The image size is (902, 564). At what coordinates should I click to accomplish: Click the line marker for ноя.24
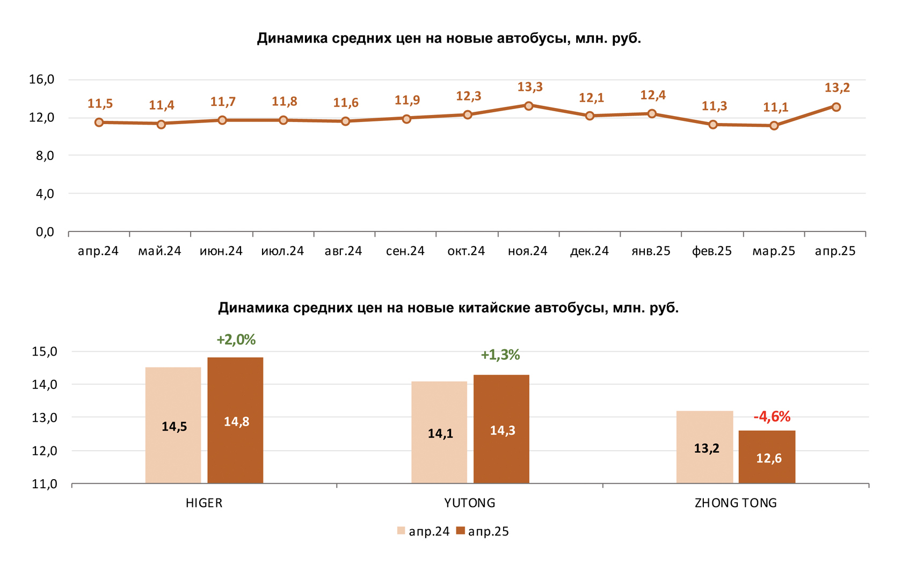(x=529, y=106)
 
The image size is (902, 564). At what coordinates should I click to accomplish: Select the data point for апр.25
(x=836, y=107)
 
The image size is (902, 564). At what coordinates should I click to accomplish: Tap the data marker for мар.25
(x=774, y=126)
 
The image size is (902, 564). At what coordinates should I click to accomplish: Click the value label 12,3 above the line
(x=469, y=96)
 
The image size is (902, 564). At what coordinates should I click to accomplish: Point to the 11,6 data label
(x=346, y=103)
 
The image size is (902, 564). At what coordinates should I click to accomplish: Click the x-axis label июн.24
(x=221, y=251)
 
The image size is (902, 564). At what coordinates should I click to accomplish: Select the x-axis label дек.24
(x=590, y=251)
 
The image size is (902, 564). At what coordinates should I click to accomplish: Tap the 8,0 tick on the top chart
(x=41, y=156)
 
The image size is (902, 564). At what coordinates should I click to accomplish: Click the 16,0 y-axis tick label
(x=41, y=79)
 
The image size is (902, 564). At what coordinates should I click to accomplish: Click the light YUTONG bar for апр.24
(x=439, y=432)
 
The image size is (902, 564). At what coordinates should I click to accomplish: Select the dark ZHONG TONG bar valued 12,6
(x=767, y=457)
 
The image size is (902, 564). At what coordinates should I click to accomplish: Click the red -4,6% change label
(x=772, y=417)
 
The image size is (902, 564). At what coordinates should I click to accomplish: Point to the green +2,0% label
(x=236, y=339)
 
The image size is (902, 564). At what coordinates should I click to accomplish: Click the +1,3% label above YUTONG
(x=500, y=355)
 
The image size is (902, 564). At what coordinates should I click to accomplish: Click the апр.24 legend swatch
(x=401, y=531)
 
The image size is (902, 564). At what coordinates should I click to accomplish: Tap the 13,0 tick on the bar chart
(x=45, y=418)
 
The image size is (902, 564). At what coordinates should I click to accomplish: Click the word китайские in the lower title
(x=494, y=308)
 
